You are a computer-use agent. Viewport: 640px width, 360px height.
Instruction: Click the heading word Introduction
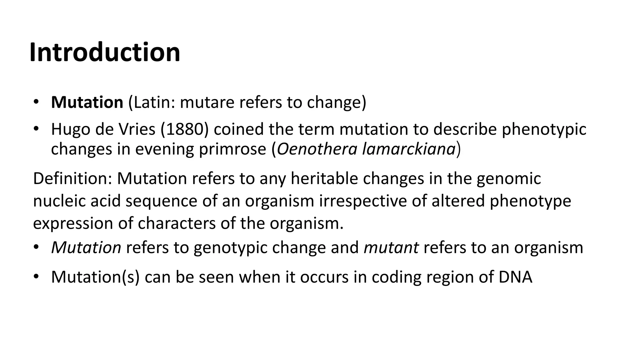pyautogui.click(x=105, y=52)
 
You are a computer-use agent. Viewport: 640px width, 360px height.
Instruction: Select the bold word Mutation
pyautogui.click(x=87, y=102)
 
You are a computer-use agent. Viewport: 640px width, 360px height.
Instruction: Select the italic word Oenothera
pyautogui.click(x=317, y=149)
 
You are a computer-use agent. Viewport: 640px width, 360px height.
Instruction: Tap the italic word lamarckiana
pyautogui.click(x=408, y=149)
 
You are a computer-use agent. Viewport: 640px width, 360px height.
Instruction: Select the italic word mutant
pyautogui.click(x=391, y=247)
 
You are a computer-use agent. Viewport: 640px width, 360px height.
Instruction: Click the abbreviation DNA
pyautogui.click(x=515, y=277)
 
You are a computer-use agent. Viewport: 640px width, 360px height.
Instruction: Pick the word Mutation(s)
pyautogui.click(x=95, y=277)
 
